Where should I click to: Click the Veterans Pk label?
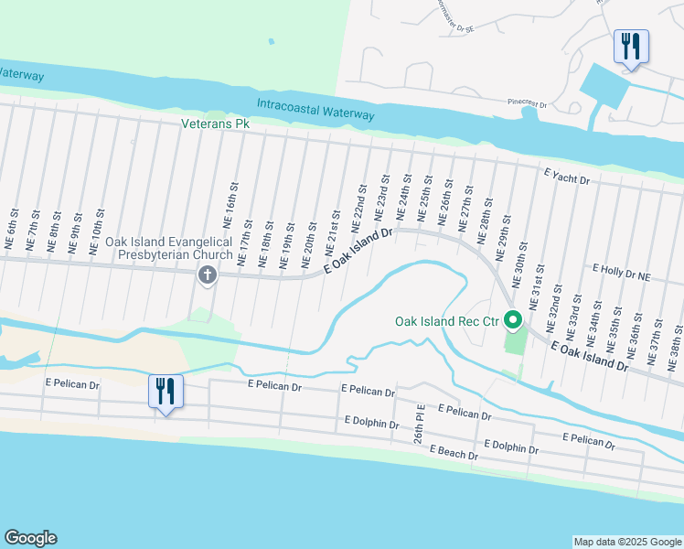(215, 123)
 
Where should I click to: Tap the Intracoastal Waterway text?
(315, 109)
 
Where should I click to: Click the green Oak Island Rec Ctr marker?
(513, 320)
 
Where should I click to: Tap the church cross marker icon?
(208, 274)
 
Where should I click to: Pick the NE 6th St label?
(11, 236)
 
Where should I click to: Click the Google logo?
(30, 538)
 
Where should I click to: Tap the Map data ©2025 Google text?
(626, 542)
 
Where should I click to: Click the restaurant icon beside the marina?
(630, 46)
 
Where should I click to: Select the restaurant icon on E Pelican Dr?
(166, 392)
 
